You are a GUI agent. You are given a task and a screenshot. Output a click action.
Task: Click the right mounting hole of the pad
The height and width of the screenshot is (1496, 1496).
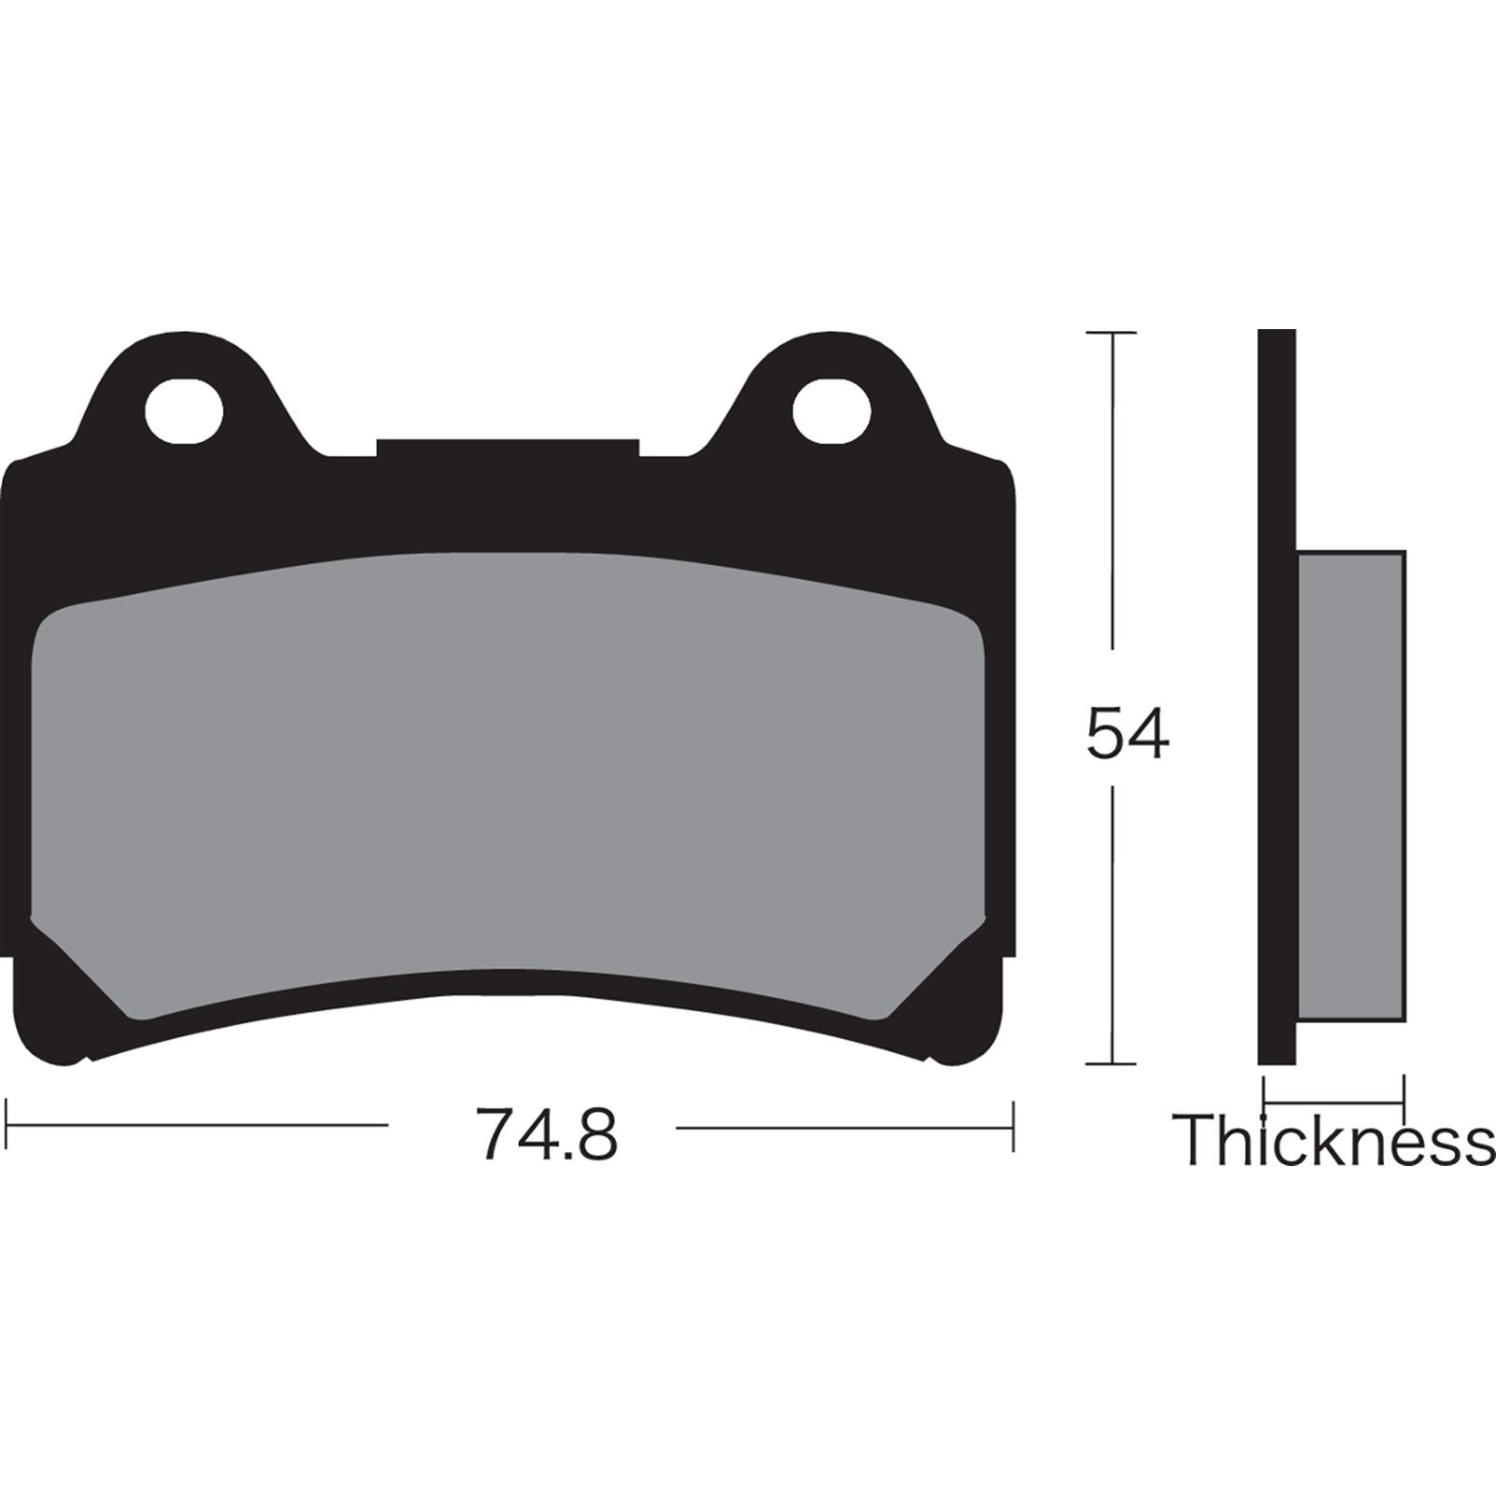[x=831, y=410]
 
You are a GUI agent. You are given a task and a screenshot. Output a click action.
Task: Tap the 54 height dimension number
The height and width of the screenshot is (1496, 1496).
[x=1127, y=734]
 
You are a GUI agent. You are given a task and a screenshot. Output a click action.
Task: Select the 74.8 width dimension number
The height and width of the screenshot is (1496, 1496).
[x=546, y=1133]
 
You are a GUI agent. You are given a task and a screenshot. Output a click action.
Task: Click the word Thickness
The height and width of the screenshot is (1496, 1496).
[x=1333, y=1140]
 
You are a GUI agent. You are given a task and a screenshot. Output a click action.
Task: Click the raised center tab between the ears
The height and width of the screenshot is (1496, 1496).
[x=508, y=449]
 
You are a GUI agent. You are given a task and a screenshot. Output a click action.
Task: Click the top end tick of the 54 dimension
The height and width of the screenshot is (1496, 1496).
[x=1111, y=333]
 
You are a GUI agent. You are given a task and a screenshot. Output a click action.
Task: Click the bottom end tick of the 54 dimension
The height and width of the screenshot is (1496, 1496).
[x=1111, y=1063]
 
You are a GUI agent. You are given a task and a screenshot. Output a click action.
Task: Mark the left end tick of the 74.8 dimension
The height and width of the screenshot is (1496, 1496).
[x=7, y=1126]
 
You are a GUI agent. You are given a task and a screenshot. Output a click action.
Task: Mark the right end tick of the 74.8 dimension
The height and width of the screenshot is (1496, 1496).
[x=1013, y=1126]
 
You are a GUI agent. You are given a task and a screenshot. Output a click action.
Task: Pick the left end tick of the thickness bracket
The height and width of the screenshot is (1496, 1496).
[x=1264, y=1092]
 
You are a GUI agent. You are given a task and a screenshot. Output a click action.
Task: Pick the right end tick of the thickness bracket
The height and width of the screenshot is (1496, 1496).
[x=1404, y=1092]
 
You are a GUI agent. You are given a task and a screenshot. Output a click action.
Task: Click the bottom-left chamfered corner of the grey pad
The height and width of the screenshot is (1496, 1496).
[x=79, y=968]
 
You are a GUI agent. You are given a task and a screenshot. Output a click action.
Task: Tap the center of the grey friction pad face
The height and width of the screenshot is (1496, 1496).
[x=508, y=776]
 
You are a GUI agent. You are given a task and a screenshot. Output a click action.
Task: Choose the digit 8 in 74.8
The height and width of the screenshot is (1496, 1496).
[x=597, y=1133]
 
